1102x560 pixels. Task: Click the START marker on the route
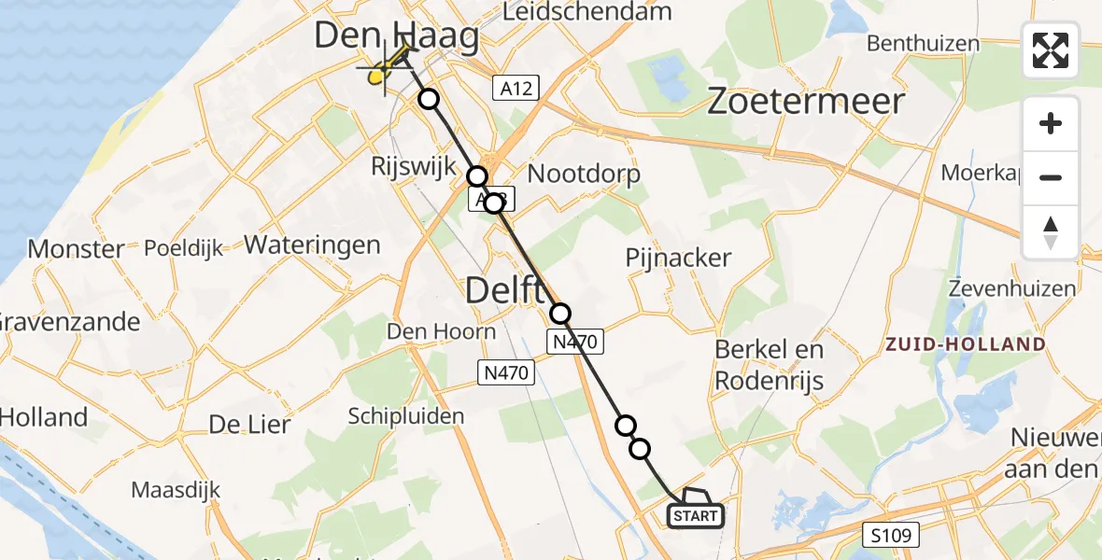[x=695, y=515]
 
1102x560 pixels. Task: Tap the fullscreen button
[x=1051, y=50]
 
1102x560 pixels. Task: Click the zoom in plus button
[x=1051, y=124]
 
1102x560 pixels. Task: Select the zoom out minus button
[x=1051, y=177]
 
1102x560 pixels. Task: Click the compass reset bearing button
[x=1051, y=232]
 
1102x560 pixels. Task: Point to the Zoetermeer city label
[x=806, y=101]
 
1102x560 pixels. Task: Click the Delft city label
[x=505, y=291]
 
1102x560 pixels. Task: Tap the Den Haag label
[x=397, y=36]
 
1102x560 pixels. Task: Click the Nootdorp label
[x=585, y=174]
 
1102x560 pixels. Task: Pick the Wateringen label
[x=312, y=245]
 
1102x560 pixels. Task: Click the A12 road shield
[x=516, y=89]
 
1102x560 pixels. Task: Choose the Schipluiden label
[x=406, y=414]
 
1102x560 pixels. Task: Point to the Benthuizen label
[x=923, y=43]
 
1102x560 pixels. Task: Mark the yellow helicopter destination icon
[x=381, y=75]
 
